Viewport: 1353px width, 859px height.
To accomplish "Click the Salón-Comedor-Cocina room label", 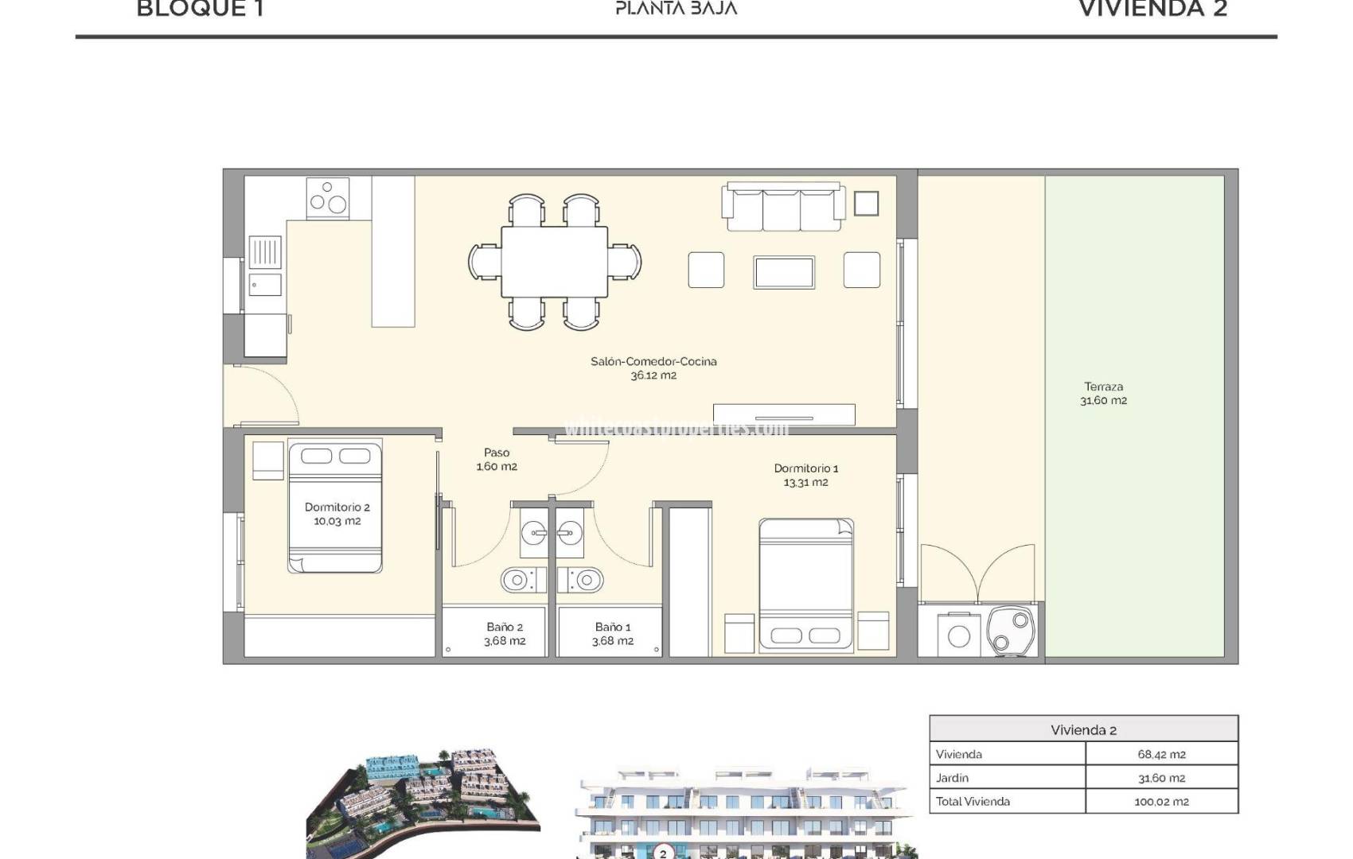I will click(653, 361).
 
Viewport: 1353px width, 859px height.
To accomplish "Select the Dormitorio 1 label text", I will click(805, 468).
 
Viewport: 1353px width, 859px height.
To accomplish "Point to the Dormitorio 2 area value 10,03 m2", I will click(337, 522).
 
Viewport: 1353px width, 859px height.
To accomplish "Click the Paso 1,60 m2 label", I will click(497, 460).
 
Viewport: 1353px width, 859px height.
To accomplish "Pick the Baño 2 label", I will click(505, 627).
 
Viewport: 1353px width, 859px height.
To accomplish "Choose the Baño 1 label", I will click(612, 627).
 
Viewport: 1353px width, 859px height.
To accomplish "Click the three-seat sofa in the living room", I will click(782, 207).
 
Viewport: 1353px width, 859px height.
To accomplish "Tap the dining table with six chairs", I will click(555, 262).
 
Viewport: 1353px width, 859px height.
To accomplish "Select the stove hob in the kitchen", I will click(328, 197).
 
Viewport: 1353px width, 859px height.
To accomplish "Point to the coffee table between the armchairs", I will click(784, 272).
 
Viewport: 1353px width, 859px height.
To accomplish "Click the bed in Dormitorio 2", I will click(335, 507).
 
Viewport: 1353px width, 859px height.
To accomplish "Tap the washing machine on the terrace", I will click(958, 636).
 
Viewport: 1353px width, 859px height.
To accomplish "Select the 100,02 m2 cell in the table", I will click(1161, 802).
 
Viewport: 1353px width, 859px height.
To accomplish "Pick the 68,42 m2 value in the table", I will click(1161, 754).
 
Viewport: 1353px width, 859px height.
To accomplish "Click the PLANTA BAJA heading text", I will click(676, 9).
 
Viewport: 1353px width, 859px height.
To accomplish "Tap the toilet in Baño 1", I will click(585, 580).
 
